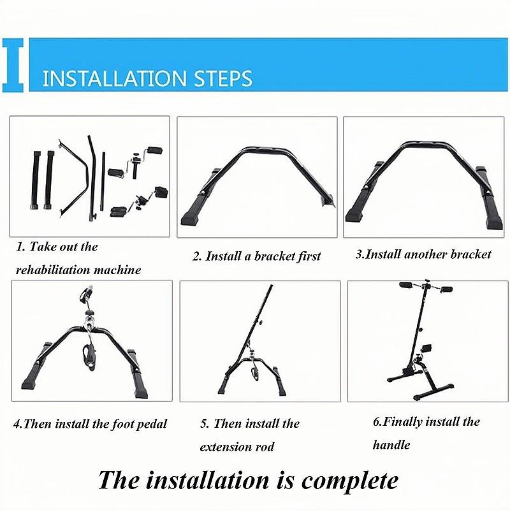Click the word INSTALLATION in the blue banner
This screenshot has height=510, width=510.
[x=115, y=78]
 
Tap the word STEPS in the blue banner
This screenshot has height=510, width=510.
[x=223, y=78]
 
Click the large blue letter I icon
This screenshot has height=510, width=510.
[x=13, y=65]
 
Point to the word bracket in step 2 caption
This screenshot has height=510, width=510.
[x=274, y=256]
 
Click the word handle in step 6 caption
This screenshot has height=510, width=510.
[x=391, y=444]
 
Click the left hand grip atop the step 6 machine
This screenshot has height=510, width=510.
[x=406, y=285]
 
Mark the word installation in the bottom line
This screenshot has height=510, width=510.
[x=208, y=481]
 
